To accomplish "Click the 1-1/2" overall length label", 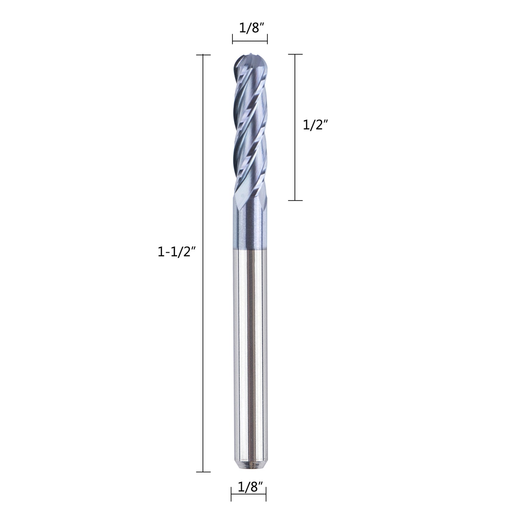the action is coord(176,252).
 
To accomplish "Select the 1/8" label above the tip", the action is coord(252,28).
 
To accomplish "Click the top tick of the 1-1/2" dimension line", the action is coord(203,55).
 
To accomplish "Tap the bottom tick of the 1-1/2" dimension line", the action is coord(203,472).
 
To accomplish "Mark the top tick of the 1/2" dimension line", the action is coord(295,54).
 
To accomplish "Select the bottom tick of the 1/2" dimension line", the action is coord(295,200).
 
